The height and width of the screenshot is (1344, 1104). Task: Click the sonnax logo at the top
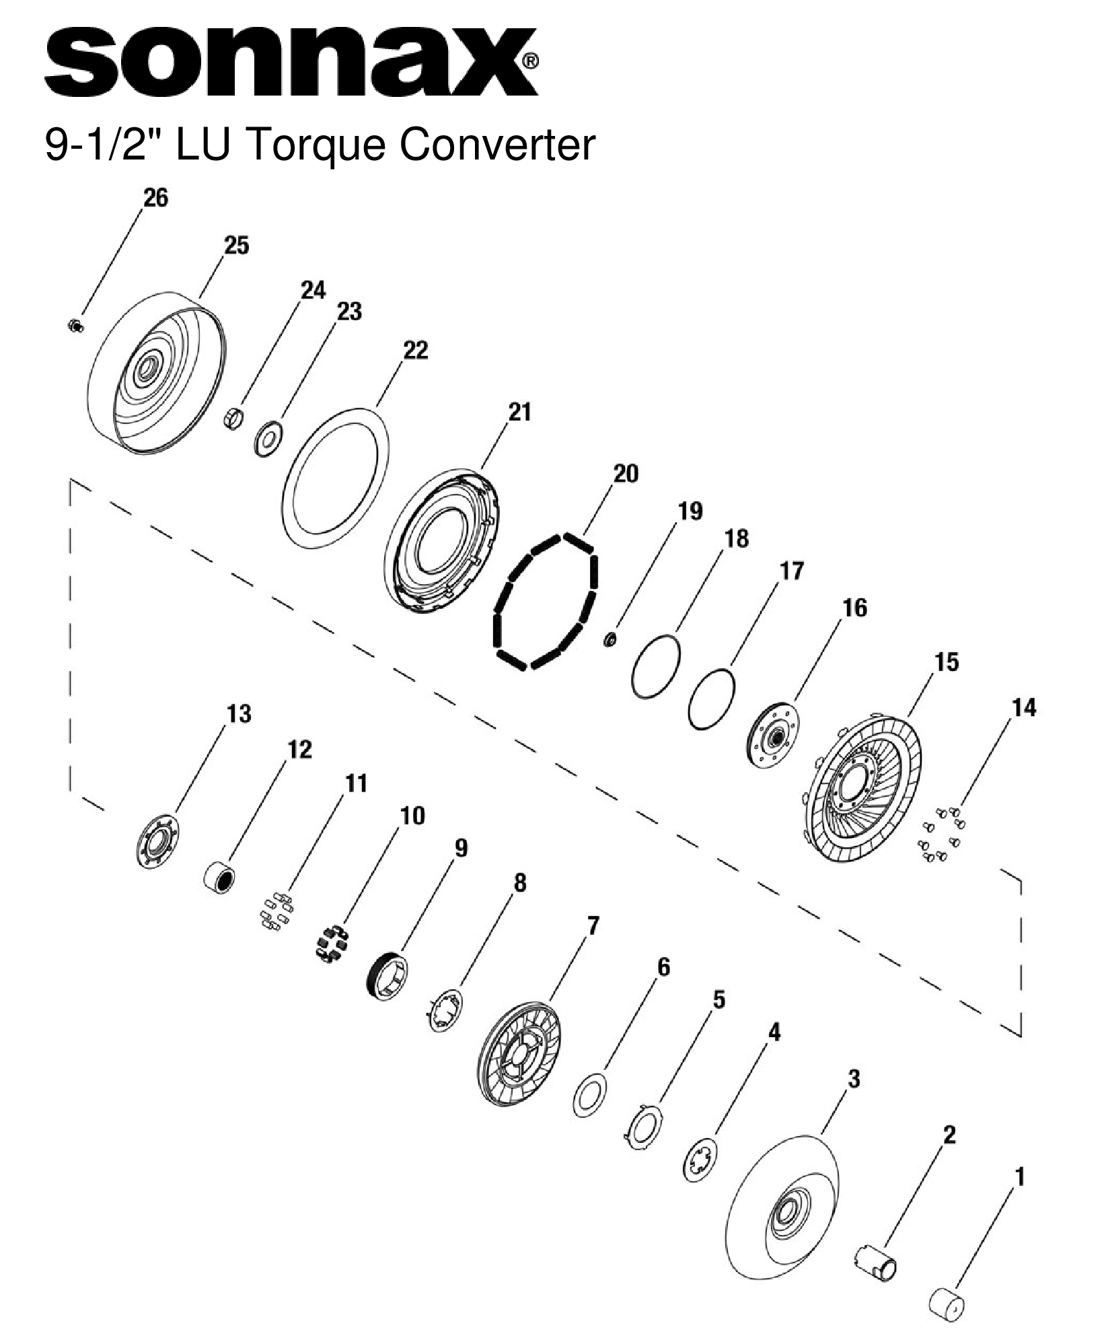(289, 62)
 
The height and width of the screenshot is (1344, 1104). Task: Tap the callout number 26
(155, 198)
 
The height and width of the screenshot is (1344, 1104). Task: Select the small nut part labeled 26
(75, 326)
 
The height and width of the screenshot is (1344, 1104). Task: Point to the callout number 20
(625, 474)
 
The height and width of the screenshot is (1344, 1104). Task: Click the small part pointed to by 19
(610, 639)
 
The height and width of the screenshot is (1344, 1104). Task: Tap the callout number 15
(946, 662)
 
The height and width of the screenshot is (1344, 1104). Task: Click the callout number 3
(853, 1079)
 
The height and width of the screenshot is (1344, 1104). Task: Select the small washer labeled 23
(269, 439)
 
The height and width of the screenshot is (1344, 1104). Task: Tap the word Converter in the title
(499, 145)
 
